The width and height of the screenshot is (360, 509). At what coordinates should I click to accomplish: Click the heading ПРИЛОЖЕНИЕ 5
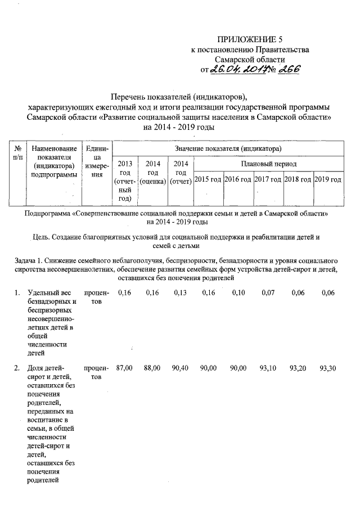pos(250,39)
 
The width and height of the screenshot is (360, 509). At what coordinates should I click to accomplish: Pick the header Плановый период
pos(268,164)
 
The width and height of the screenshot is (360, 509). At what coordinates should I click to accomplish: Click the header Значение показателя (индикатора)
pos(228,148)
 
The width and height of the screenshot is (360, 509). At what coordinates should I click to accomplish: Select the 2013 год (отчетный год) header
pos(124,181)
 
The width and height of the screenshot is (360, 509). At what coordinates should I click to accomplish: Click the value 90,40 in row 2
pos(180,367)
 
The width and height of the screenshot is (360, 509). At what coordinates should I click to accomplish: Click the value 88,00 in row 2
pos(152,367)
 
